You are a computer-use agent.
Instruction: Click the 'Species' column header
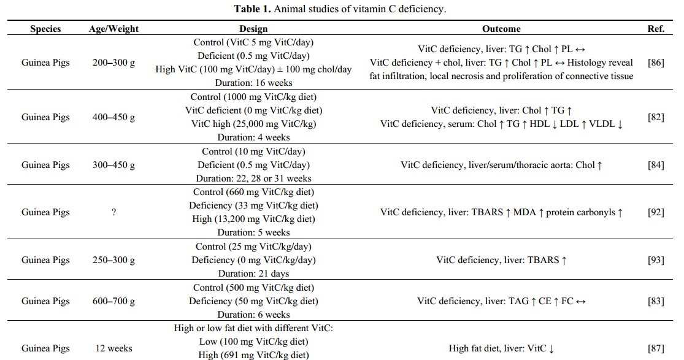pos(45,29)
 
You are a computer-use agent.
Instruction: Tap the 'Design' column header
pos(253,29)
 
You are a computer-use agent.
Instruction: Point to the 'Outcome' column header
pos(501,29)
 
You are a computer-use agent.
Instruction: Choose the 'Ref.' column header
pos(656,29)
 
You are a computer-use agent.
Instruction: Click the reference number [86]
pos(656,63)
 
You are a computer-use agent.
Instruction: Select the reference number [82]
pos(656,117)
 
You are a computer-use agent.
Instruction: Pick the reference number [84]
pos(656,165)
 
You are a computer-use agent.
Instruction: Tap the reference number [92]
pos(656,212)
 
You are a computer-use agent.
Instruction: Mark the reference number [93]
pos(656,260)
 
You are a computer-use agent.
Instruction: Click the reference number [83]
pos(656,301)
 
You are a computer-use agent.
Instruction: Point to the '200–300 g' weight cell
pos(113,63)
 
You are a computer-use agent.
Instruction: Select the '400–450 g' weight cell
pos(113,117)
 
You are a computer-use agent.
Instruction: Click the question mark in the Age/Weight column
pos(113,212)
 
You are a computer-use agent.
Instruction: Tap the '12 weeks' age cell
pos(113,348)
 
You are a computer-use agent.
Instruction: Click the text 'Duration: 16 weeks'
pos(253,83)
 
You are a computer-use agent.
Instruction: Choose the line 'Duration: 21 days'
pos(253,274)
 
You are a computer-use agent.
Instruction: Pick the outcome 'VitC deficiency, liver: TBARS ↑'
pos(501,260)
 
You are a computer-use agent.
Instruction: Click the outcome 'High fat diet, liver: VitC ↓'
pos(501,348)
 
